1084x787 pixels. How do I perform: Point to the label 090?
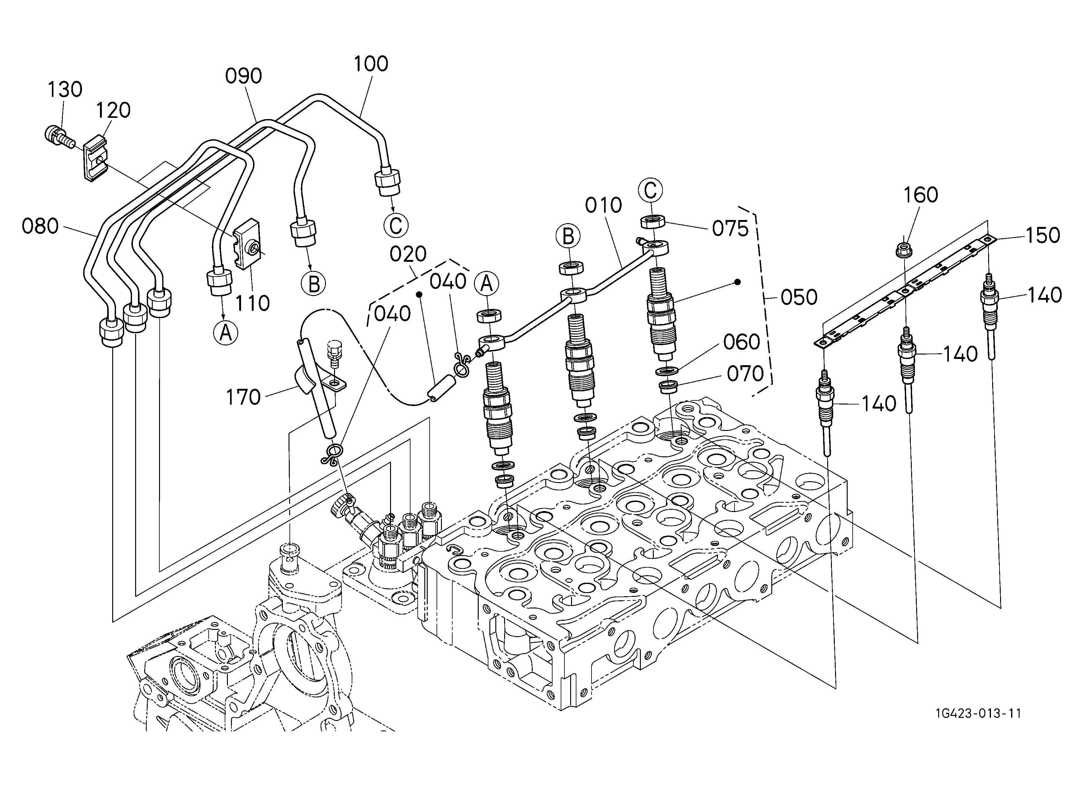tap(244, 76)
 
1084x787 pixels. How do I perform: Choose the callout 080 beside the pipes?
tap(40, 227)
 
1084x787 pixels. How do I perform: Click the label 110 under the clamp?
tap(252, 303)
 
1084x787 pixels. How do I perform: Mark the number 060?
tap(741, 342)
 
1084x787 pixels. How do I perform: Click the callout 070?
tap(746, 374)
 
